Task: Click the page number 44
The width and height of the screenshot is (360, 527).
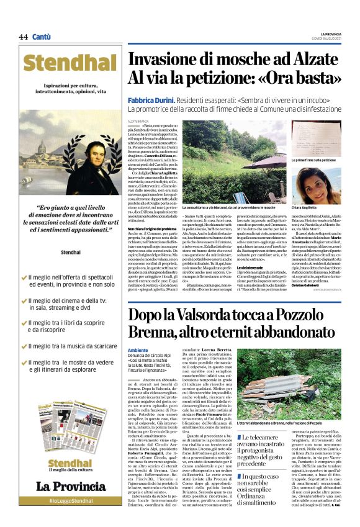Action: [x=23, y=37]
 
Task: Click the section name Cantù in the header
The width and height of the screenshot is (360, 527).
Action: [x=42, y=37]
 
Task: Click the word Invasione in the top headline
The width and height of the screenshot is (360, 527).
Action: [x=163, y=61]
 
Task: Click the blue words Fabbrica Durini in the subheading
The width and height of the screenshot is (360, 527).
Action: [x=151, y=100]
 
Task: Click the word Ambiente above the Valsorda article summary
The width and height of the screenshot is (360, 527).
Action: [x=139, y=349]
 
